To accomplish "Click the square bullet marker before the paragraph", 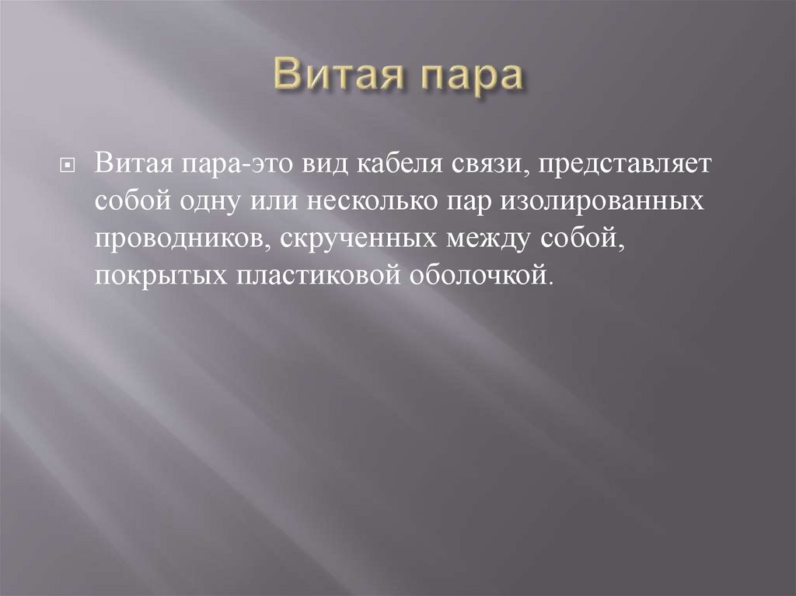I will (x=68, y=166).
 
